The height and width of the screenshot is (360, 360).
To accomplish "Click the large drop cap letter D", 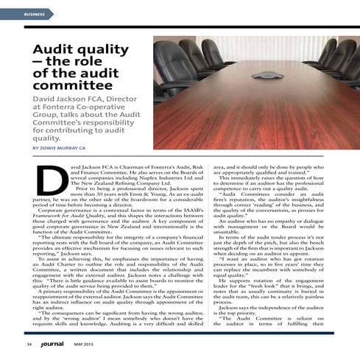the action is tap(49, 177).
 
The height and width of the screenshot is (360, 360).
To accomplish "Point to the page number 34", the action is tap(27, 344).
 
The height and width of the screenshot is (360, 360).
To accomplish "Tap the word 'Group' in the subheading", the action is tap(49, 118).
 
